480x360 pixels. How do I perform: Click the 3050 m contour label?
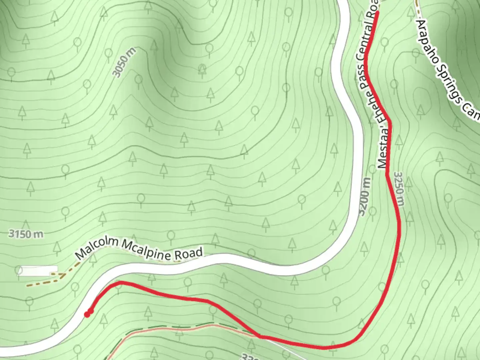(x=124, y=62)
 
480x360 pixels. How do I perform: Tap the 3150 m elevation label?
(x=26, y=234)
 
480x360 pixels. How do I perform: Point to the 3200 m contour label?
(x=365, y=197)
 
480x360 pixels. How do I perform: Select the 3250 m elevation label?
(x=399, y=189)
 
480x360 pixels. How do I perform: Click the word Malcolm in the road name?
(x=97, y=249)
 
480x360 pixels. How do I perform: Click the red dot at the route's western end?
(x=87, y=314)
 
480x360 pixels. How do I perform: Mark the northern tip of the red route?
(x=378, y=12)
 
